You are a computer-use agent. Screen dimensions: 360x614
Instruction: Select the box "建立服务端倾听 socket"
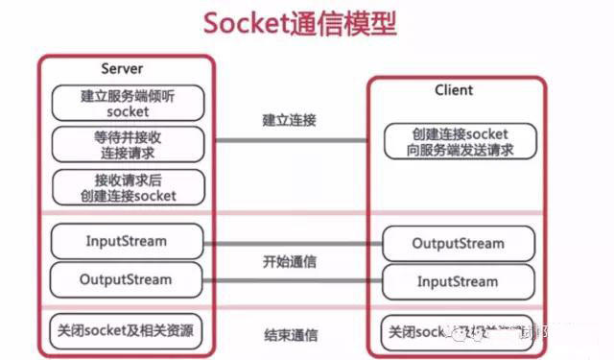click(128, 104)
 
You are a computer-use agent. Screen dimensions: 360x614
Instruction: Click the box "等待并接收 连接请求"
click(128, 144)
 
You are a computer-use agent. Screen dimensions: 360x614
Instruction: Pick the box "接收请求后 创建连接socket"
click(128, 186)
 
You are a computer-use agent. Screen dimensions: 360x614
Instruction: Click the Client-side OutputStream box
click(457, 243)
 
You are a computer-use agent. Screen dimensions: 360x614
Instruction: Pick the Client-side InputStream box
click(457, 282)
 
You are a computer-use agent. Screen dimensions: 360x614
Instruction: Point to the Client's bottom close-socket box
click(457, 334)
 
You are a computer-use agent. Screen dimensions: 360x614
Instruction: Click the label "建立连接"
click(290, 121)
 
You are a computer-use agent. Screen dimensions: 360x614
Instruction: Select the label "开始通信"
click(290, 262)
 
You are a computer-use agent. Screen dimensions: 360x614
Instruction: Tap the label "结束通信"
click(290, 335)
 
